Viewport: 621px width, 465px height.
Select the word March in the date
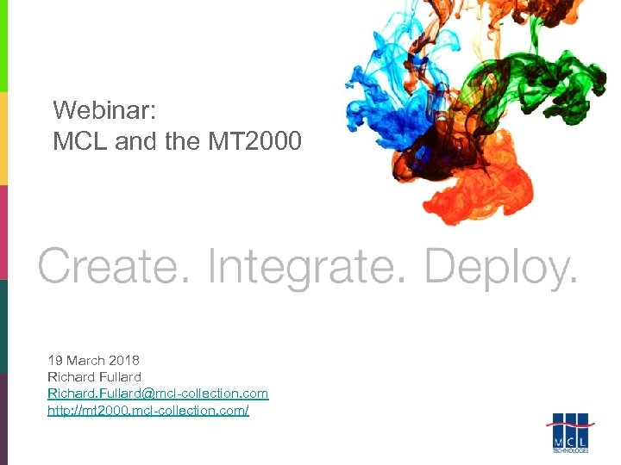[x=83, y=360]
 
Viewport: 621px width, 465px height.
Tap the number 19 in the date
[x=55, y=360]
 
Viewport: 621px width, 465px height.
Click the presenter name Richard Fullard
[x=94, y=376]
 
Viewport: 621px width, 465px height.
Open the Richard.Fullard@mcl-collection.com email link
[x=158, y=394]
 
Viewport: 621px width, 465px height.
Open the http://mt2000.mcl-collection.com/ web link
[x=147, y=411]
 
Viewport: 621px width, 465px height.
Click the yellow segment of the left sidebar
[x=3, y=138]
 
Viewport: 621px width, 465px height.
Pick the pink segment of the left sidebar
[x=3, y=232]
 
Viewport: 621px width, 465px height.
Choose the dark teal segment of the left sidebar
[x=3, y=327]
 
